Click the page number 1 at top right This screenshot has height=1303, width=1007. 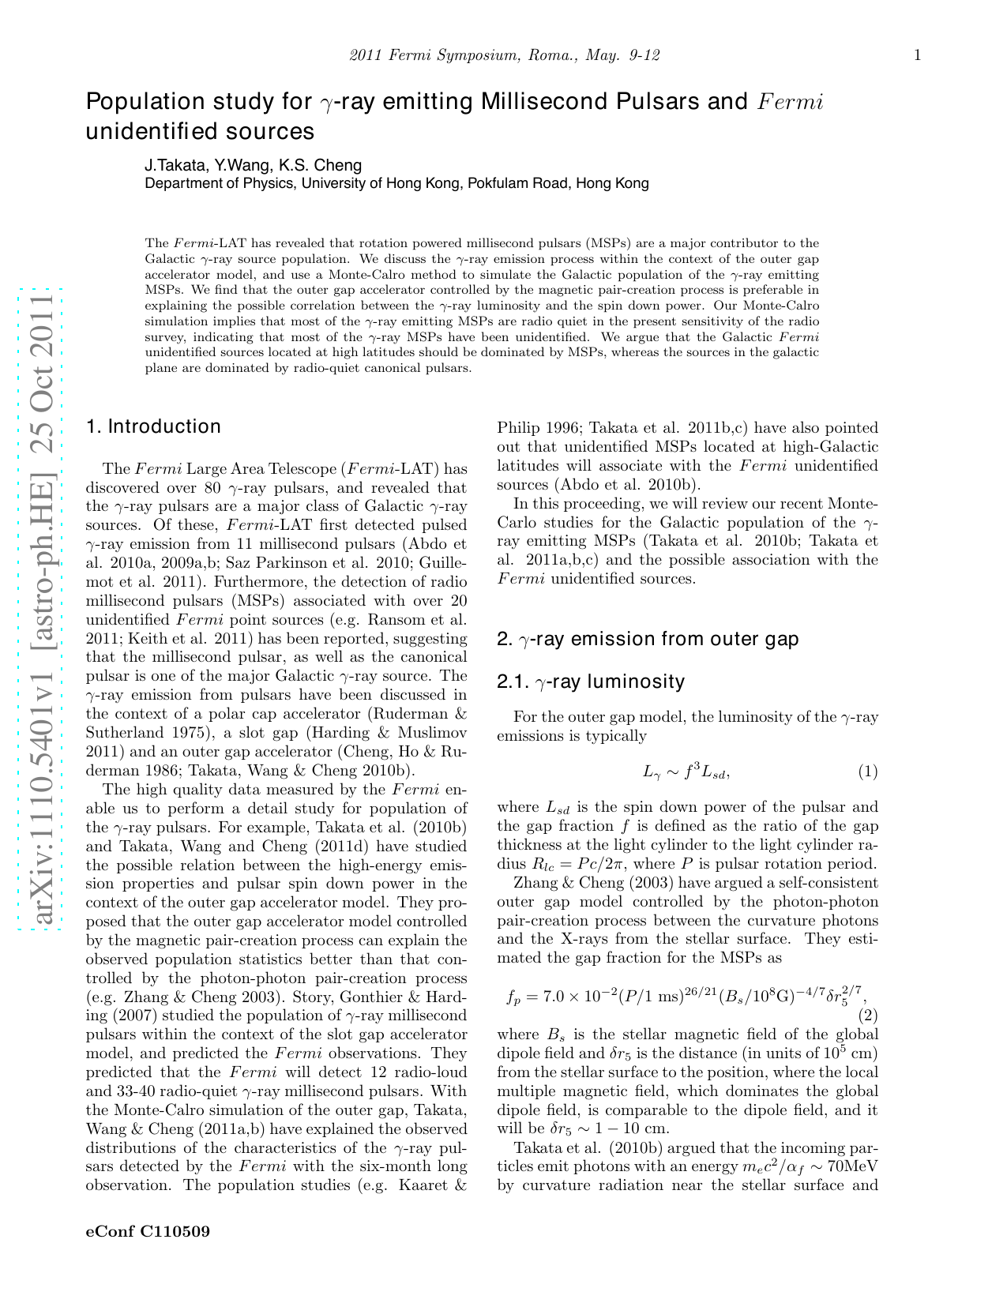coord(917,54)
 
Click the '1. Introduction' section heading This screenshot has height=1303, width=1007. coord(153,426)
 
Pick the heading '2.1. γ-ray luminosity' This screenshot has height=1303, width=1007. coord(591,682)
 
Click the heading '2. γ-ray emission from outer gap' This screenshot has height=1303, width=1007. coord(648,639)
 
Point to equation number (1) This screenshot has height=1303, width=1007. coord(867,772)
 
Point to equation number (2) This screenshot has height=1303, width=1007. coord(867,1014)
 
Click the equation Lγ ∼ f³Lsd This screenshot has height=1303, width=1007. coord(686,772)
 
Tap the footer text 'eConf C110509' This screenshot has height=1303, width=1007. coord(148,1230)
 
